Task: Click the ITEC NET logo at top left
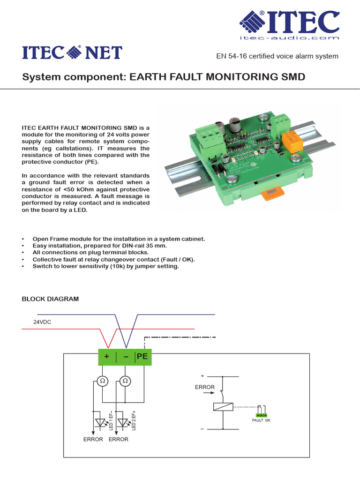(72, 52)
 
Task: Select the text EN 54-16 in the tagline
(233, 56)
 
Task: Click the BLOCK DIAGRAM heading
(51, 299)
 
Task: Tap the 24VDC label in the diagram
(42, 322)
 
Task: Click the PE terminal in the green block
(142, 357)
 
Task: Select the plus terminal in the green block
(107, 357)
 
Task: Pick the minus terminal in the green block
(126, 357)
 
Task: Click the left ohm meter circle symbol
(103, 381)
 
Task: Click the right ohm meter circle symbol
(125, 381)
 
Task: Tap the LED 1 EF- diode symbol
(100, 422)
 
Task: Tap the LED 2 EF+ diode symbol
(123, 422)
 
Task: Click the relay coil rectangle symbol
(223, 407)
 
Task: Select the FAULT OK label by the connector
(261, 420)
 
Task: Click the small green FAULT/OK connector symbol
(261, 415)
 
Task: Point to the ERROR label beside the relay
(205, 387)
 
